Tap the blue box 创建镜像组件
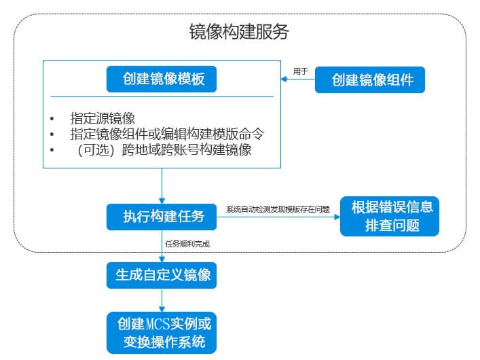373,79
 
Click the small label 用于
300,71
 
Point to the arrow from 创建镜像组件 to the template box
299,79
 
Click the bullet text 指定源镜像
103,118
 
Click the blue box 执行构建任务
163,216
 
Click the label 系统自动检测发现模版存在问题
278,209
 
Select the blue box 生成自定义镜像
163,275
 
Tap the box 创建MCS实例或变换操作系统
163,332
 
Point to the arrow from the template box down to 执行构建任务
163,185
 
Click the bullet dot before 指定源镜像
52,119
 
